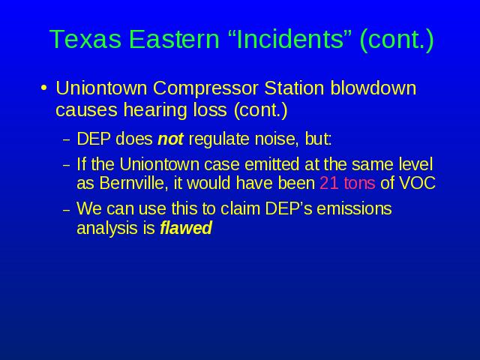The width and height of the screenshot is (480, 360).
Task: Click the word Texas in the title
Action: pyautogui.click(x=85, y=39)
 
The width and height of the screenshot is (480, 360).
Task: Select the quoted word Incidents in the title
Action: pyautogui.click(x=290, y=39)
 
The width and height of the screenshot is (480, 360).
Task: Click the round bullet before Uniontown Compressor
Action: pyautogui.click(x=44, y=88)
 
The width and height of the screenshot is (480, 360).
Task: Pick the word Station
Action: pyautogui.click(x=294, y=88)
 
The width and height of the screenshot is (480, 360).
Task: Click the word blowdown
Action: pyautogui.click(x=373, y=88)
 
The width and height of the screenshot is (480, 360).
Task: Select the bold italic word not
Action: pyautogui.click(x=170, y=139)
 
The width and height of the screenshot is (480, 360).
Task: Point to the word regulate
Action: pyautogui.click(x=219, y=139)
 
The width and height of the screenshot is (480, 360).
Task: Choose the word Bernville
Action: pyautogui.click(x=134, y=183)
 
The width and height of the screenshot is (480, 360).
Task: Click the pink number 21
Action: pyautogui.click(x=329, y=183)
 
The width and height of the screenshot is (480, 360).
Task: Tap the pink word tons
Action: pyautogui.click(x=359, y=184)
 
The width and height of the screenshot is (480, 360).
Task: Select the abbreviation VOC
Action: pyautogui.click(x=417, y=183)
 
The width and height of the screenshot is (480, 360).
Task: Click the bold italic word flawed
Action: pyautogui.click(x=186, y=228)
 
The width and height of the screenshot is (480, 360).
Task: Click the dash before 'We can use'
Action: pyautogui.click(x=67, y=211)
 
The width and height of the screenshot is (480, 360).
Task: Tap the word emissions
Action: pyautogui.click(x=354, y=208)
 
